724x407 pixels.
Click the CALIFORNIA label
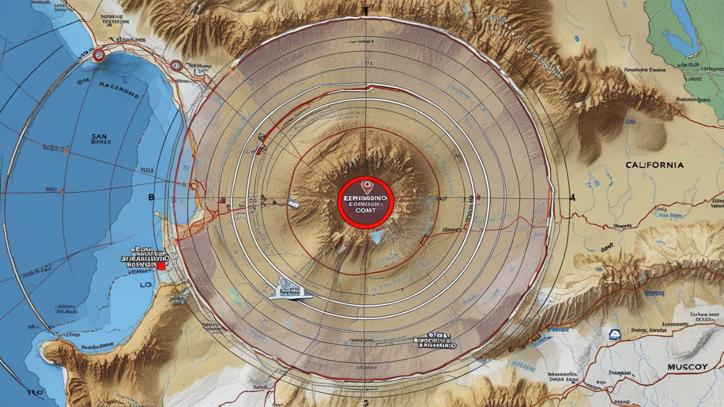pos(654,165)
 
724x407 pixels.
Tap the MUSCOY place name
pos(687,367)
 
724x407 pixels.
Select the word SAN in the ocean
pos(100,136)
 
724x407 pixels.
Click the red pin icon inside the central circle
pos(366,186)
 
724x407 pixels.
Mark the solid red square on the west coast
pos(161,265)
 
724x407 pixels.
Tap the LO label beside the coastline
pos(146,286)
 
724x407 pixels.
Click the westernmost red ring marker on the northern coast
pos(98,55)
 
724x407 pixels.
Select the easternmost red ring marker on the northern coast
pos(176,65)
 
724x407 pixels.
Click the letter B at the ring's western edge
pos(151,198)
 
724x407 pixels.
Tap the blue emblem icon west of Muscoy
pos(614,335)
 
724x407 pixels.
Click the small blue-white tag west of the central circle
pos(293,203)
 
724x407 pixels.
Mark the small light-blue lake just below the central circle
pos(376,236)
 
